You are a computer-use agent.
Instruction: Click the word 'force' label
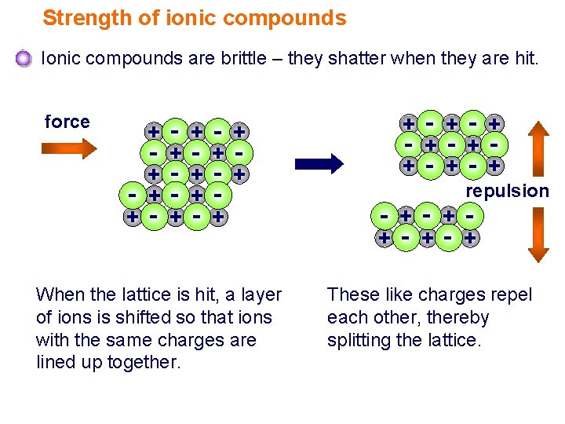[x=67, y=122]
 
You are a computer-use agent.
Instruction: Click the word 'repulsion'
[x=508, y=191]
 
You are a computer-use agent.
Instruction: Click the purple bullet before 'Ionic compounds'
[x=24, y=59]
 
